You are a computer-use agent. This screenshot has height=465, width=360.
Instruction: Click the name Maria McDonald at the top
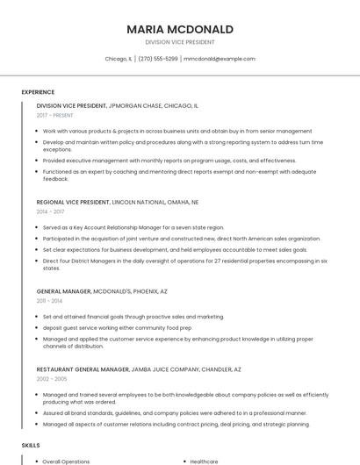click(180, 29)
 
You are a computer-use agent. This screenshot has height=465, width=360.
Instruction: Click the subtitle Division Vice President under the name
click(180, 42)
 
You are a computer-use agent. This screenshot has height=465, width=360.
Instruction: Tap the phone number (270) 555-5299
click(158, 59)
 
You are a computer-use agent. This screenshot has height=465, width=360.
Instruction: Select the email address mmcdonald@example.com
click(220, 59)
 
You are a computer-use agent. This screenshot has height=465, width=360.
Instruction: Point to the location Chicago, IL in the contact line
click(119, 59)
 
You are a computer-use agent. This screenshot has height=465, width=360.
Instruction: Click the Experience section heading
click(38, 92)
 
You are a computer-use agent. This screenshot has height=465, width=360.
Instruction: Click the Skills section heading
click(31, 446)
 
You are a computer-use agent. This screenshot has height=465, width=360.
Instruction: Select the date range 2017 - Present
click(55, 115)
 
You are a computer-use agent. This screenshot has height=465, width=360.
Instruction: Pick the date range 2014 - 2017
click(50, 211)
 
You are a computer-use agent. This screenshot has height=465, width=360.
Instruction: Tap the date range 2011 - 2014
click(49, 300)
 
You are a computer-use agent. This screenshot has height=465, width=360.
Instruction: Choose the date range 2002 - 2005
click(50, 379)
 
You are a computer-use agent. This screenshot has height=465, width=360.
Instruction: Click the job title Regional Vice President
click(73, 202)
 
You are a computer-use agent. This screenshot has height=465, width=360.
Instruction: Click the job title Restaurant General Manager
click(77, 369)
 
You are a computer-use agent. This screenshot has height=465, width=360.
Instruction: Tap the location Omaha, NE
click(183, 202)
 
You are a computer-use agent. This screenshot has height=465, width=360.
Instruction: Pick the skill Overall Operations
click(66, 461)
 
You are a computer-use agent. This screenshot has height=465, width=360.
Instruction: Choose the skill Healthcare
click(204, 461)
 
